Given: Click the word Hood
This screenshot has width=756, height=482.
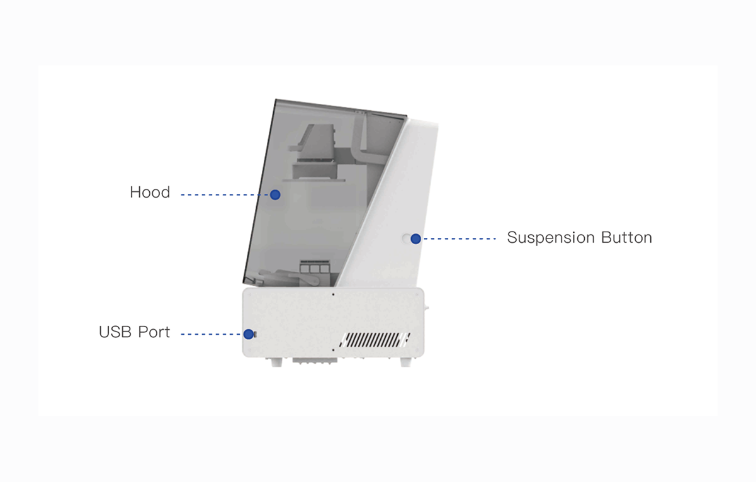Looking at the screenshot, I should click(x=150, y=192).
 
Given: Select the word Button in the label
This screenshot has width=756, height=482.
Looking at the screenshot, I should click(x=626, y=238).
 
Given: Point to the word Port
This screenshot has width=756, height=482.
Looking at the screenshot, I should click(x=154, y=332).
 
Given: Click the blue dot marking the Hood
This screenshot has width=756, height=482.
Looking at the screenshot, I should click(x=275, y=195).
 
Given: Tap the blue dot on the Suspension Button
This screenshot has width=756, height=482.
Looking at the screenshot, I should click(x=415, y=238).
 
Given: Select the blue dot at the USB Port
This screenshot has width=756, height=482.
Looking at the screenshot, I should click(x=249, y=334).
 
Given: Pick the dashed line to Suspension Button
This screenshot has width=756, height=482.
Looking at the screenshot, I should click(x=460, y=238).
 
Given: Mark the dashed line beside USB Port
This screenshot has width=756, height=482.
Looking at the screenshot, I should click(x=211, y=334).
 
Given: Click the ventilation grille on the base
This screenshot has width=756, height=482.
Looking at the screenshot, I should click(x=371, y=340).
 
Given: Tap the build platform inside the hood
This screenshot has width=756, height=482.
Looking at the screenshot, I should click(x=315, y=170).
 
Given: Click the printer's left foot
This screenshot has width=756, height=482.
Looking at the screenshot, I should click(x=276, y=362).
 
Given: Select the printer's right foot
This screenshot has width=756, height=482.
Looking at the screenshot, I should click(x=405, y=362).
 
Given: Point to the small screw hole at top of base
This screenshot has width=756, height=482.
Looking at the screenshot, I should click(x=333, y=293).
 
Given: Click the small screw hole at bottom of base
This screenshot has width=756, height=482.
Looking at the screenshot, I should click(x=332, y=347).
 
